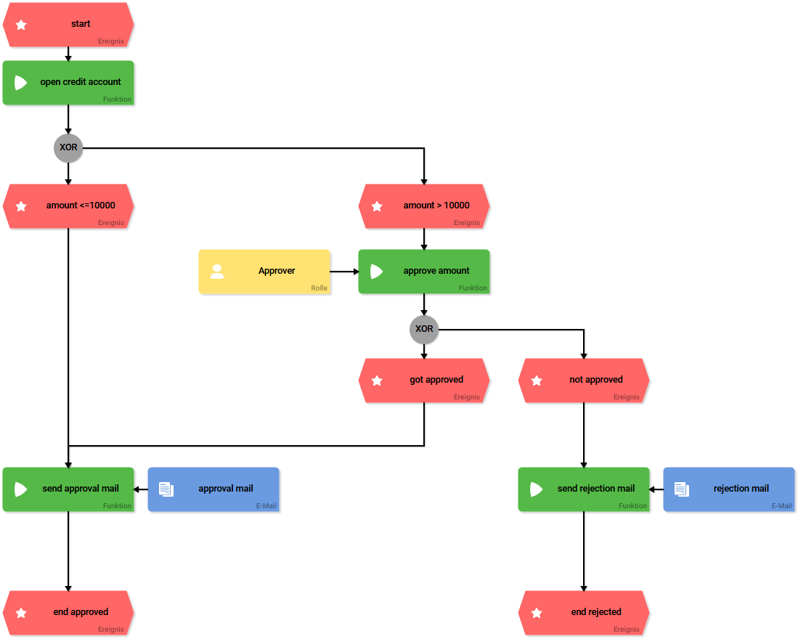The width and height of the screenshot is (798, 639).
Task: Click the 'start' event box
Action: point(68,25)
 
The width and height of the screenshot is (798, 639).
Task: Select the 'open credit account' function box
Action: point(68,83)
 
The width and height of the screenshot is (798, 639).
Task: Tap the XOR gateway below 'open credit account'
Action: point(68,147)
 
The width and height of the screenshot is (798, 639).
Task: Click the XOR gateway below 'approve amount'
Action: point(424,329)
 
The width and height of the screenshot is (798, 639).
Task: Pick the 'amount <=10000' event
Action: point(68,206)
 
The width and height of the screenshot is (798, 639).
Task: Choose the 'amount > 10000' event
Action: point(424,206)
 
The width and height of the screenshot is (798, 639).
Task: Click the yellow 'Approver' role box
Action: point(264,272)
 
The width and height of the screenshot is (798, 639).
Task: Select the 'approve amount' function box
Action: point(424,272)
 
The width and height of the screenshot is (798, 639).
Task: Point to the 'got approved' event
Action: point(424,380)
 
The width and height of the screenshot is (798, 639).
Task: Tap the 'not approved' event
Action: point(584,380)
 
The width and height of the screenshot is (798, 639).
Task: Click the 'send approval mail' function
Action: point(68,489)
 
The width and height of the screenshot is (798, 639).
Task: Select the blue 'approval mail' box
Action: point(213,489)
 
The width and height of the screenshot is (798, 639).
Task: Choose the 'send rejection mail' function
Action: point(584,489)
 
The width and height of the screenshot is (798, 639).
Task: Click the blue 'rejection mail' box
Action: point(729,489)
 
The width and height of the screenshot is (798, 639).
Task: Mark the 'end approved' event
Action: point(68,613)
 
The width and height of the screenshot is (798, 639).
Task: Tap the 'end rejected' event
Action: point(584,613)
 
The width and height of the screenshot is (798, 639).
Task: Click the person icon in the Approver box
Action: point(216,272)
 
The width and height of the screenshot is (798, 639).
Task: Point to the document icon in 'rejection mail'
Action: point(681,489)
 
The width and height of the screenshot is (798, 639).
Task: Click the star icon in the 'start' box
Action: point(21,25)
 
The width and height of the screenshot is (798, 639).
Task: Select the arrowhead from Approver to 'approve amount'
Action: point(355,272)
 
